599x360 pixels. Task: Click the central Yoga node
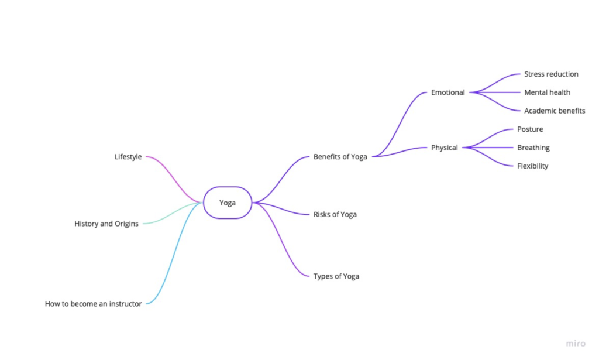click(x=228, y=203)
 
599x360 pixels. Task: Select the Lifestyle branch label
click(x=128, y=157)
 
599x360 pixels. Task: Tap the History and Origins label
click(x=106, y=224)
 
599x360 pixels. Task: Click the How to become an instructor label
click(x=93, y=304)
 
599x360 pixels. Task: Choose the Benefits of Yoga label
click(x=340, y=157)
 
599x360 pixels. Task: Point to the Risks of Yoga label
click(x=335, y=214)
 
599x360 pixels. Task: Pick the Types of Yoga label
click(x=336, y=276)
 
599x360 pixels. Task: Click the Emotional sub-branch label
click(x=447, y=92)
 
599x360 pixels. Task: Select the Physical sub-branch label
click(x=444, y=148)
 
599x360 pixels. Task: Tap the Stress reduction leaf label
click(x=551, y=74)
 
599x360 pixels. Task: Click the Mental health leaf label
click(x=547, y=92)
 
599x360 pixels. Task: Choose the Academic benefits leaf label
click(x=555, y=111)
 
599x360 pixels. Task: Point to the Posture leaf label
click(x=530, y=129)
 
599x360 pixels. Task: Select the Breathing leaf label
click(x=533, y=148)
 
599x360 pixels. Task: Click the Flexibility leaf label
click(x=532, y=166)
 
